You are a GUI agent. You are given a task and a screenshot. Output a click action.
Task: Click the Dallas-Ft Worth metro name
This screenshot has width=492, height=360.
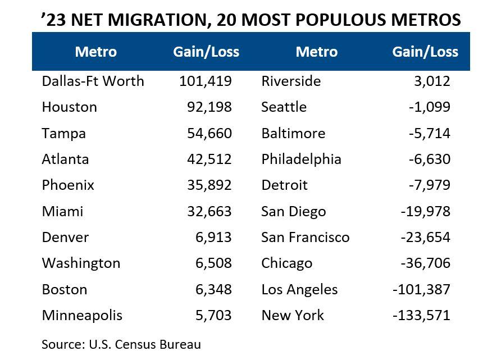(x=93, y=81)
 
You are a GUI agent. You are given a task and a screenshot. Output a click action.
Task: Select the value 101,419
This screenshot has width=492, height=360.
(x=205, y=81)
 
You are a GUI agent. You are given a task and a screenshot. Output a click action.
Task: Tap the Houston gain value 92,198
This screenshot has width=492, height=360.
(x=209, y=107)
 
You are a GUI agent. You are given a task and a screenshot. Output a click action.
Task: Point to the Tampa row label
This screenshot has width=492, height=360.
(x=63, y=133)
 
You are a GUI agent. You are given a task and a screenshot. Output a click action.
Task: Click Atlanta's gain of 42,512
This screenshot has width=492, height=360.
(x=209, y=159)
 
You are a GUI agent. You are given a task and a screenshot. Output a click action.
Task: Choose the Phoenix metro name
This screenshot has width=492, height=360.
(x=68, y=185)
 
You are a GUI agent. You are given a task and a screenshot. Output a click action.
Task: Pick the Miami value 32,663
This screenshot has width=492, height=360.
(x=209, y=211)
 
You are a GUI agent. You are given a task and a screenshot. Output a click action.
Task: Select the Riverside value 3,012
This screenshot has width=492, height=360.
(x=432, y=81)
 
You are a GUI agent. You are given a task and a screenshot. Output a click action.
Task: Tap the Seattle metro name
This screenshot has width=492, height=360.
(x=284, y=107)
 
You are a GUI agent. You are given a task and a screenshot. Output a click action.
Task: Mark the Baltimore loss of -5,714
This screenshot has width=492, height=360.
(x=429, y=133)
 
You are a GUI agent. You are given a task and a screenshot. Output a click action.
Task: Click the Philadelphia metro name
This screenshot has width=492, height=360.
(x=301, y=159)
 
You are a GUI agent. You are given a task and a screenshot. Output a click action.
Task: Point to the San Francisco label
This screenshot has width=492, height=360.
(x=305, y=237)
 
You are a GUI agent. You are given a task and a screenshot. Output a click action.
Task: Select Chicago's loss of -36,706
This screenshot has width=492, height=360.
(x=425, y=263)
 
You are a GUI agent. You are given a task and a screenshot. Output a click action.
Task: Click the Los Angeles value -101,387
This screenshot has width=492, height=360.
(x=422, y=289)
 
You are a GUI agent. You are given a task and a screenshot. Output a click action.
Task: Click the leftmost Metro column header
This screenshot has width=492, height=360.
(x=95, y=52)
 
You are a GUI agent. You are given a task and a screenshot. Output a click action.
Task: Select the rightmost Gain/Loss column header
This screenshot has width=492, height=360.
(x=425, y=52)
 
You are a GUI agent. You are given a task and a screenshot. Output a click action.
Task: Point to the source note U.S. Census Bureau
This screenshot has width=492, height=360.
(x=144, y=344)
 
